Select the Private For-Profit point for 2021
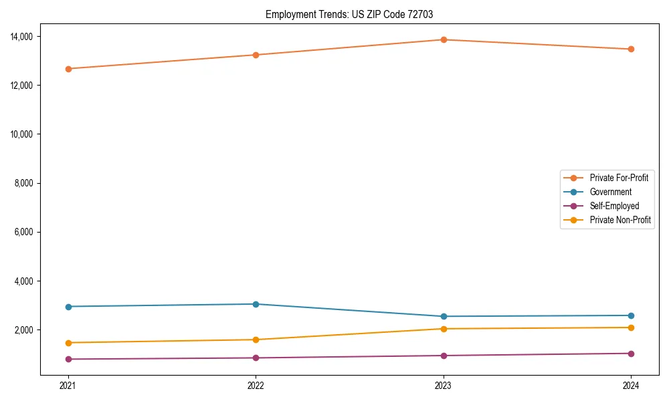click(x=68, y=69)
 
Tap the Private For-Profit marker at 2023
click(x=443, y=39)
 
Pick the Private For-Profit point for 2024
click(x=631, y=49)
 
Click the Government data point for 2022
click(x=256, y=304)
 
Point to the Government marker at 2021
click(x=68, y=307)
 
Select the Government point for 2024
click(x=631, y=315)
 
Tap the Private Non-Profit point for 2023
click(x=443, y=329)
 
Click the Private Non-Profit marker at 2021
click(x=68, y=343)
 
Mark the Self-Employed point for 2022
click(x=256, y=358)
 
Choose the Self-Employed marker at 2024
click(x=631, y=354)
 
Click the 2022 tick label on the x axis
click(x=256, y=386)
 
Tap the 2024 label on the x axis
click(x=631, y=386)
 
